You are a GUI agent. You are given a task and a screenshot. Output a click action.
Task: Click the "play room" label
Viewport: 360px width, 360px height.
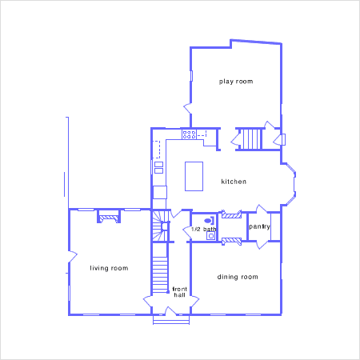pyautogui.click(x=236, y=82)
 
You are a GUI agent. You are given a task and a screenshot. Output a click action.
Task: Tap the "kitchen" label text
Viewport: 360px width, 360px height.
pyautogui.click(x=234, y=182)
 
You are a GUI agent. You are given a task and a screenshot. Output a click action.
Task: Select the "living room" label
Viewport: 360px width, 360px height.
pyautogui.click(x=109, y=268)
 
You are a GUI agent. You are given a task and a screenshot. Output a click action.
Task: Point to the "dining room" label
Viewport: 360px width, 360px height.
pyautogui.click(x=238, y=277)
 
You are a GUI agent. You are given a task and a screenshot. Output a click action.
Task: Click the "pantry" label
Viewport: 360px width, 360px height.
pyautogui.click(x=259, y=226)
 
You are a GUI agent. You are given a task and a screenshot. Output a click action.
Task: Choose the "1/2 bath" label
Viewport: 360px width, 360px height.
pyautogui.click(x=204, y=230)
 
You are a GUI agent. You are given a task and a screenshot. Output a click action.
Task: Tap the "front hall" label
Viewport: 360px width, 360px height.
pyautogui.click(x=180, y=292)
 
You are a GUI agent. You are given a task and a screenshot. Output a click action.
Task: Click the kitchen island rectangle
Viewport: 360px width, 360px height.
pyautogui.click(x=194, y=176)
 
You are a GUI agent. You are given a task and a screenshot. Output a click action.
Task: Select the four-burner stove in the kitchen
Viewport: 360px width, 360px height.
pyautogui.click(x=189, y=134)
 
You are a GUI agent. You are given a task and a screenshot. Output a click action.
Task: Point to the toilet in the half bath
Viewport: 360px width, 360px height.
pyautogui.click(x=209, y=221)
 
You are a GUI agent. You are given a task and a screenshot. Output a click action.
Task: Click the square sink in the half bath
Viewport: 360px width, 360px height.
pyautogui.click(x=211, y=236)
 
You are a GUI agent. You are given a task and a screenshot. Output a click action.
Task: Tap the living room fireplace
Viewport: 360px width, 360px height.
pyautogui.click(x=109, y=216)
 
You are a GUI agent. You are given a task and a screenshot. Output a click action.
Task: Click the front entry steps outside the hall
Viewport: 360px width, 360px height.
pyautogui.click(x=171, y=320)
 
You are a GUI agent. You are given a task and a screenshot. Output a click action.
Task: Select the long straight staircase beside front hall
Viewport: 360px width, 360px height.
pyautogui.click(x=160, y=274)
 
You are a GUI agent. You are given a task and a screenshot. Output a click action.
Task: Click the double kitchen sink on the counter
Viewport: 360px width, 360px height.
pyautogui.click(x=158, y=167)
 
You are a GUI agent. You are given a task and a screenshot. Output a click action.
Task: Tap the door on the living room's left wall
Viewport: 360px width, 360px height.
pyautogui.click(x=73, y=257)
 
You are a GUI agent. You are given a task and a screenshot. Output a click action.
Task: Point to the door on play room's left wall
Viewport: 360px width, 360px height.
pyautogui.click(x=187, y=108)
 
